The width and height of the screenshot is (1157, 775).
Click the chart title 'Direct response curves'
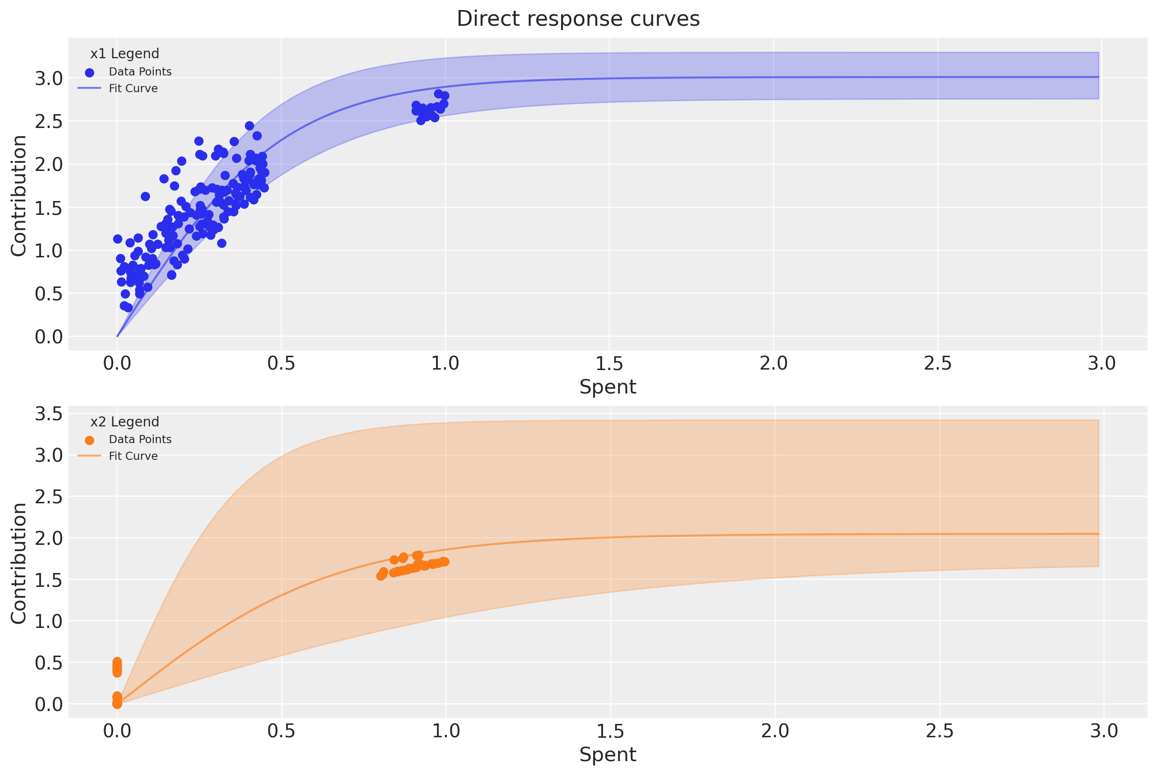(578, 19)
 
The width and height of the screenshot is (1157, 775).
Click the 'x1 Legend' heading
(125, 53)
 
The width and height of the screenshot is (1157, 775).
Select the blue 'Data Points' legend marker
(89, 73)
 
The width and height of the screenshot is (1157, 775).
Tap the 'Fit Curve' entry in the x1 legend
(133, 88)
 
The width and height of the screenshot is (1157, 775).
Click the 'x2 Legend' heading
(125, 422)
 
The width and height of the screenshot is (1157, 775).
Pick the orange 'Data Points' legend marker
(89, 440)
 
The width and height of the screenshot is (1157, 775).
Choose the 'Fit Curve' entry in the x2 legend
(133, 456)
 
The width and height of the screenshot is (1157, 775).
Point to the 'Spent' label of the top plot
(607, 386)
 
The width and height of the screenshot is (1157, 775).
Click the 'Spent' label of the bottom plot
(607, 754)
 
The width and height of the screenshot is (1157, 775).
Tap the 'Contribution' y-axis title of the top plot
(19, 195)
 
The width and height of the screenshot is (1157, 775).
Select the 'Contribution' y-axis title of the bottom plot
(19, 563)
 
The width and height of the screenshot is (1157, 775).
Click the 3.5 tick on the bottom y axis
(48, 414)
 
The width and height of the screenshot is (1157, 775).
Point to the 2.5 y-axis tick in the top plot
(48, 121)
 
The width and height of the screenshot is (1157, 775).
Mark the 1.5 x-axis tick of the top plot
(609, 363)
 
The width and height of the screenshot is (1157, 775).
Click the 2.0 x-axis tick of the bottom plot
(775, 731)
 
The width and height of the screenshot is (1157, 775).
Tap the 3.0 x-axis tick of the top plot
(1102, 363)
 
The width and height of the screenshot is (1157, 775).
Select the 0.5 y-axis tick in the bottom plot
(48, 662)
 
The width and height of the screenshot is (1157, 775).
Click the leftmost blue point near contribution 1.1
(117, 239)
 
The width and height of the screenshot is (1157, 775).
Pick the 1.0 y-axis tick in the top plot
(48, 251)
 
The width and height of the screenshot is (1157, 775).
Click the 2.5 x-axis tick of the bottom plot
(939, 731)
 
